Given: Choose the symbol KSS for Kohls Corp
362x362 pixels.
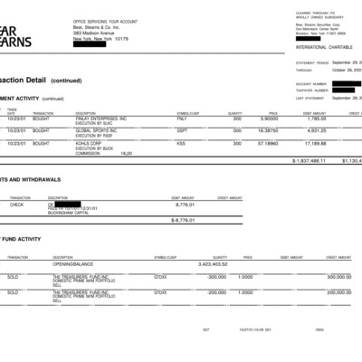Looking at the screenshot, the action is coord(181,143).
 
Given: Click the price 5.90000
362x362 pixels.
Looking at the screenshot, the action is coord(269,118).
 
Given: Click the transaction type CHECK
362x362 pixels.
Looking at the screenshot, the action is coord(16,205).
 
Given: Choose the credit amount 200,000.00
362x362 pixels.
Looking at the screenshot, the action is coord(339,292).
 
